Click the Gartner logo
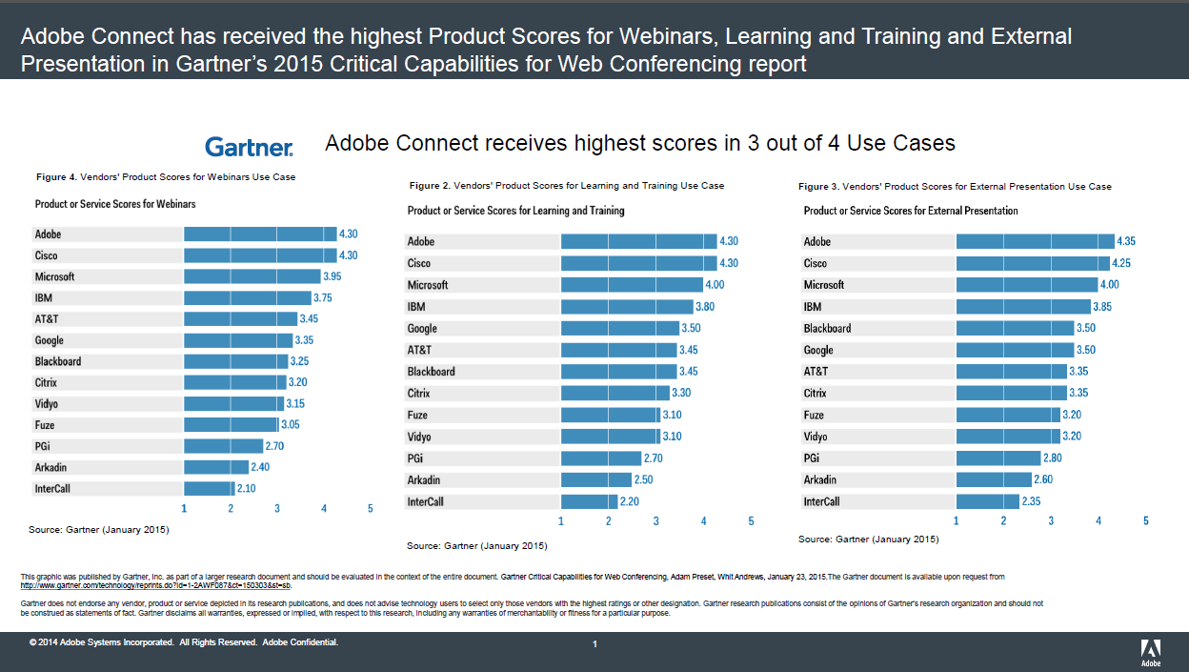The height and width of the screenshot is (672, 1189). point(249,146)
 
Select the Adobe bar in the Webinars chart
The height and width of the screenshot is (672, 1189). point(260,234)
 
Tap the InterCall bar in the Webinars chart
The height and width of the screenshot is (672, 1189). point(209,489)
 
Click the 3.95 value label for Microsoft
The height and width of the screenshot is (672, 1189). point(333,276)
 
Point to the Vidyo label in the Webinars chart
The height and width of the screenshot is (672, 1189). point(47,404)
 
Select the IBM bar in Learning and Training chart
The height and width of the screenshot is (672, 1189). point(627,307)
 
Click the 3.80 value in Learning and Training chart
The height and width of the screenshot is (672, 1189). point(705,307)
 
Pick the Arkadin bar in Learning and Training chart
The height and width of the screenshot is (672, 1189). point(595,480)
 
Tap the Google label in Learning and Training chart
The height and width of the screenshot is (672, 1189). point(422,329)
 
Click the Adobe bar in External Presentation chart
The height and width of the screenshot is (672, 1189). point(1035,242)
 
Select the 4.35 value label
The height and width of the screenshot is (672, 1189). point(1126,242)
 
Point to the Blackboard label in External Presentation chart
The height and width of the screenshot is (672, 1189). point(827,329)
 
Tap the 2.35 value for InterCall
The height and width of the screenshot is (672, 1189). point(1031,501)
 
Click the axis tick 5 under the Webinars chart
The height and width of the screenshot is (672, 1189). point(370,509)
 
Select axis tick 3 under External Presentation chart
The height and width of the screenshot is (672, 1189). point(1051,521)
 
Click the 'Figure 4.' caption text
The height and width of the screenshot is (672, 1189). point(56,177)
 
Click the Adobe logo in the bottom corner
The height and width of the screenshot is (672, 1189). point(1151,651)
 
